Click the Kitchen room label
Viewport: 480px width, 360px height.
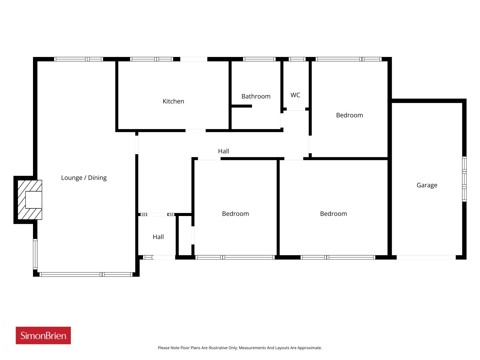click(x=173, y=101)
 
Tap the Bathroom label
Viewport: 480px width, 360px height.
click(x=256, y=96)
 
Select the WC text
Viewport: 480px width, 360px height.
click(x=295, y=95)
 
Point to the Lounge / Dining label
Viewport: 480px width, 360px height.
click(x=84, y=178)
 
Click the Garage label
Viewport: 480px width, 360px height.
click(x=427, y=185)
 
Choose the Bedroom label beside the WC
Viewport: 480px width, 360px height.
click(x=349, y=115)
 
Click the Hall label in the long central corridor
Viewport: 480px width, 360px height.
click(x=223, y=151)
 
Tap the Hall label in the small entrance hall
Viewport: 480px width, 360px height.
click(x=158, y=237)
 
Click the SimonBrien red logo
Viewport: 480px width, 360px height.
click(x=43, y=335)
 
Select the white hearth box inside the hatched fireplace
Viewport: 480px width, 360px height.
click(x=34, y=200)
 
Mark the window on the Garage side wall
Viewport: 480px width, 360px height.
click(x=464, y=179)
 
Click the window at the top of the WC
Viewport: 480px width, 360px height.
click(x=297, y=59)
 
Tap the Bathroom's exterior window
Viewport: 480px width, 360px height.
click(x=259, y=59)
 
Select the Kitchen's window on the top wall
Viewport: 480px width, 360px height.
click(x=151, y=59)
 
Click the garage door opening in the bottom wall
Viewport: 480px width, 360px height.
click(x=426, y=257)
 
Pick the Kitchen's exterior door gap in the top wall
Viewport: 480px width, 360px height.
click(x=194, y=59)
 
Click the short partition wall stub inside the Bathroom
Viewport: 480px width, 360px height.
click(x=241, y=106)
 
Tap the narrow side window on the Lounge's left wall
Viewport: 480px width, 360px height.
click(x=35, y=254)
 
